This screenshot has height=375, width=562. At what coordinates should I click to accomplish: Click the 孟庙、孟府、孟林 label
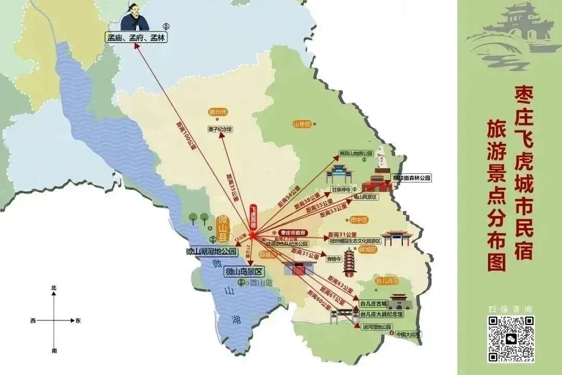click(136, 38)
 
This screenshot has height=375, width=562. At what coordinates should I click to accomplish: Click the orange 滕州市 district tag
click(218, 112)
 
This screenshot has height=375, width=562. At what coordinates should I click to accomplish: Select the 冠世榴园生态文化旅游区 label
click(355, 241)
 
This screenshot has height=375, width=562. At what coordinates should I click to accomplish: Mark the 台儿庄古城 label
click(374, 303)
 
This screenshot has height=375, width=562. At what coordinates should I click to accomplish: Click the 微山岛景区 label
click(244, 271)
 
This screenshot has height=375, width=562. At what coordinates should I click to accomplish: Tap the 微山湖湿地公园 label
click(211, 252)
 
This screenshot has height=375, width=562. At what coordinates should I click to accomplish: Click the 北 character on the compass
click(54, 288)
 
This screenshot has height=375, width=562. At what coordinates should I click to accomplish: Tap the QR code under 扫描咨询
click(510, 339)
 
